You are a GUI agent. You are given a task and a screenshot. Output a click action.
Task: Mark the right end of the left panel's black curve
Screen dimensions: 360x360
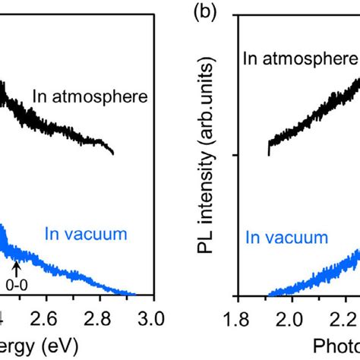[114, 153]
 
